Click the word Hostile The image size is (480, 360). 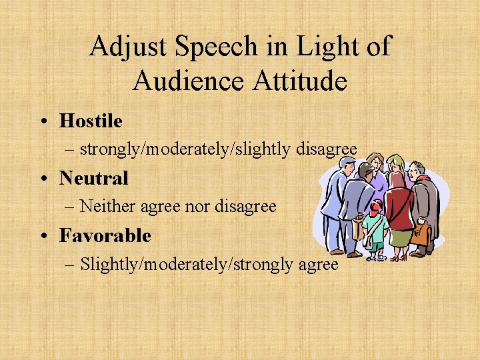click(x=91, y=121)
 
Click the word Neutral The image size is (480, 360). click(x=93, y=179)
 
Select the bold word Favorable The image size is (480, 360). click(x=105, y=236)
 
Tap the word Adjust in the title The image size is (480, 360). click(x=126, y=47)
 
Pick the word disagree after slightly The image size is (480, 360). click(x=327, y=149)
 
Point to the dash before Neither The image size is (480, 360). click(x=71, y=207)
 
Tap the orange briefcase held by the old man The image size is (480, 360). click(x=422, y=233)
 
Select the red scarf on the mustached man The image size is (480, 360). click(x=421, y=179)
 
